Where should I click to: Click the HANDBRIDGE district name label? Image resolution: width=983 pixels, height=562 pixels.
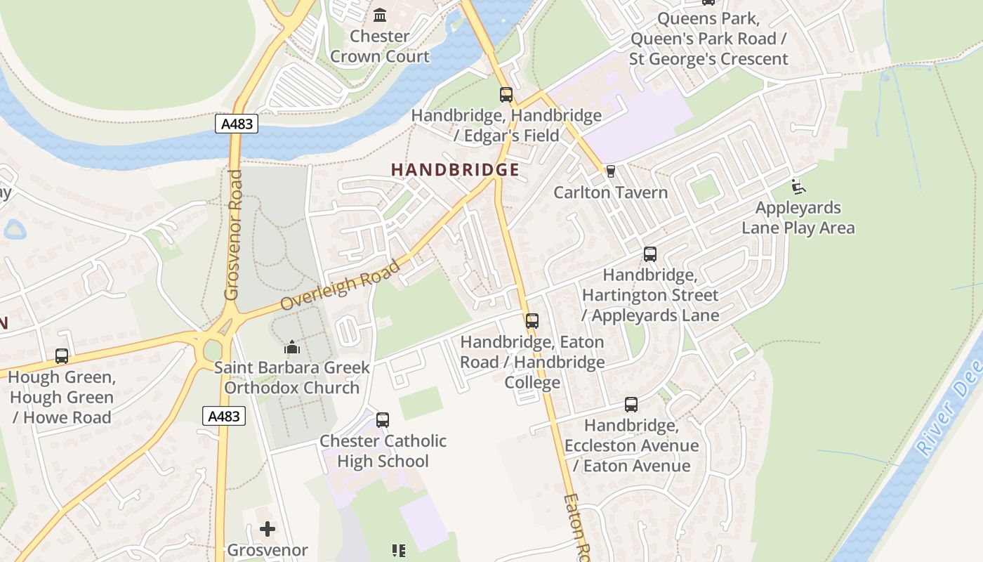click(455, 170)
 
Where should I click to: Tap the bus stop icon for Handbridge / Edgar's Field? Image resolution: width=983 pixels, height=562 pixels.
click(506, 94)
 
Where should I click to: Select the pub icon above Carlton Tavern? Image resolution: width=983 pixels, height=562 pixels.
click(610, 171)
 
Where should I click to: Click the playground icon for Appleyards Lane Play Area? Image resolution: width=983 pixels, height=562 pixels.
click(798, 187)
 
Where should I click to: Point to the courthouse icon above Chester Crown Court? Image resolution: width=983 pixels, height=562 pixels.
click(380, 15)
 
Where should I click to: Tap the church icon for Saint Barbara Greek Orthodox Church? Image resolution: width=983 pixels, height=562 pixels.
click(292, 347)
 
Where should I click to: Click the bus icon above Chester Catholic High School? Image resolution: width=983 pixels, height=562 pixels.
click(383, 420)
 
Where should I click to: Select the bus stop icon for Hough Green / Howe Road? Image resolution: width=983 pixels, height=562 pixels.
click(62, 356)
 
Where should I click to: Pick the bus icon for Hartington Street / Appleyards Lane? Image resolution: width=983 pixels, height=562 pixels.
click(650, 254)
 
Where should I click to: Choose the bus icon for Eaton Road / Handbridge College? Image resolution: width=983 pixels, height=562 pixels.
click(532, 321)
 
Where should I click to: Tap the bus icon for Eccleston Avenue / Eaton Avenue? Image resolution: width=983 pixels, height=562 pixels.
click(631, 405)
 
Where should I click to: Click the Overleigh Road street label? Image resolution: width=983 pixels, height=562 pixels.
click(341, 285)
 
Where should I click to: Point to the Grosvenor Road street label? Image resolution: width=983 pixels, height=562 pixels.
click(233, 235)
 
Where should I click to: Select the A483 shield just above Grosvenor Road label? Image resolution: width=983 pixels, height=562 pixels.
click(237, 124)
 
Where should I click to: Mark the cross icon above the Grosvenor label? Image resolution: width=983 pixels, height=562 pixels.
click(268, 529)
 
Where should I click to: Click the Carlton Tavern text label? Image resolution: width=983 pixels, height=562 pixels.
click(610, 192)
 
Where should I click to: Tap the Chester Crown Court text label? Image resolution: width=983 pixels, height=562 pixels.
click(380, 46)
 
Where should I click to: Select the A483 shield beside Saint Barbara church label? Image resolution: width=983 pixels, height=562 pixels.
click(225, 416)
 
